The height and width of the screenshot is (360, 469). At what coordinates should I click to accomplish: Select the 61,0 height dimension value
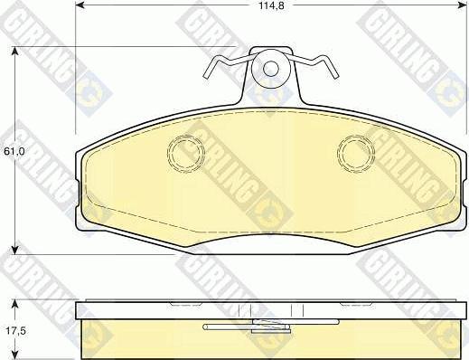(14, 151)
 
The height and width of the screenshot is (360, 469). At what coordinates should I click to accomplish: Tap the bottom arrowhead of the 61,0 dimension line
(16, 248)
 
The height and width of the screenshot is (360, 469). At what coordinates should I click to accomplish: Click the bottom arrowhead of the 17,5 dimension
(16, 355)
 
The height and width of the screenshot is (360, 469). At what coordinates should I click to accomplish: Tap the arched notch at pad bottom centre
(270, 237)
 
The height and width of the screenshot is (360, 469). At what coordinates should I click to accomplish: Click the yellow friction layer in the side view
(136, 340)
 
